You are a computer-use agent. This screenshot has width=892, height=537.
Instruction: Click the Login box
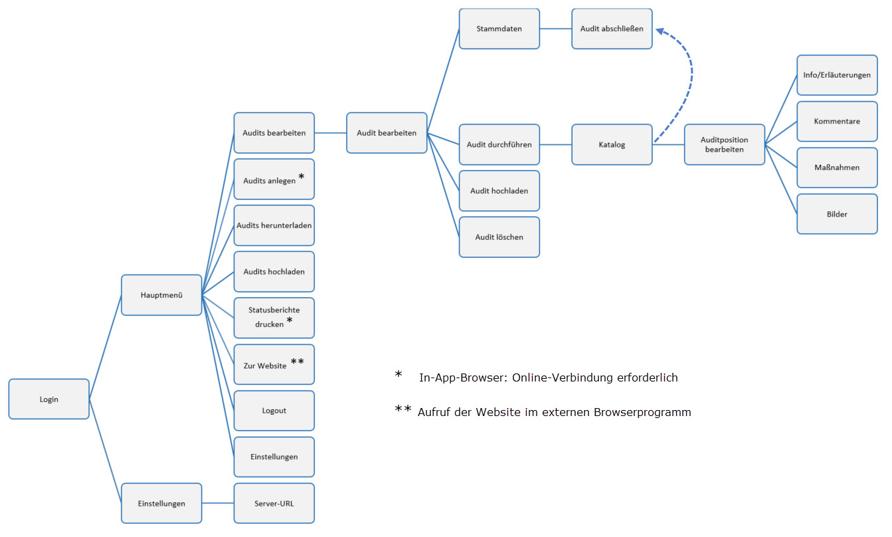(x=48, y=399)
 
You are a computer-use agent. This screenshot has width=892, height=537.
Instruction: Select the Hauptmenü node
(x=161, y=294)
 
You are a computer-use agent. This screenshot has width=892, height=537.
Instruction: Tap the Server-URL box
(x=274, y=503)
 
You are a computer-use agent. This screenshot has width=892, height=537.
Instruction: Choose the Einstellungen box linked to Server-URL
(x=161, y=503)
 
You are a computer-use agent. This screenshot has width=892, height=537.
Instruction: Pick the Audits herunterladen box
(x=274, y=225)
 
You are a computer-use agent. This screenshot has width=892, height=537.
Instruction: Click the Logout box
(x=274, y=410)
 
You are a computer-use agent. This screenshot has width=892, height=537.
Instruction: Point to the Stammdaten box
(x=499, y=29)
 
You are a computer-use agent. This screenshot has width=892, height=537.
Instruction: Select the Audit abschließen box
(x=612, y=29)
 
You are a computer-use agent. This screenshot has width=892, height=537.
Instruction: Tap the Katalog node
(x=612, y=144)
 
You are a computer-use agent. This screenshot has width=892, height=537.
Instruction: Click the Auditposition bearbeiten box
(x=724, y=144)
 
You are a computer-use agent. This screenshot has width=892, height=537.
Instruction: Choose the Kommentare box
(x=837, y=122)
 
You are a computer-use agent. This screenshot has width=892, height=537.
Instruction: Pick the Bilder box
(x=837, y=214)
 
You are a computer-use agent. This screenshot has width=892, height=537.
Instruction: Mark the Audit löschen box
(x=499, y=237)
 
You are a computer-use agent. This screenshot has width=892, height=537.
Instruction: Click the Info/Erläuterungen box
(x=837, y=75)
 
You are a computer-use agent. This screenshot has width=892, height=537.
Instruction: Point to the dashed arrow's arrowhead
(x=660, y=30)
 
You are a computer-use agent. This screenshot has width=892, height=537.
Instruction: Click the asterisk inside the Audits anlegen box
(x=302, y=177)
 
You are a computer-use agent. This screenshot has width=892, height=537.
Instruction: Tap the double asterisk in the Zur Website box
(x=298, y=362)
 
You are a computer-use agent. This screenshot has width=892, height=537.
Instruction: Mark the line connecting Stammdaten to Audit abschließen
(x=556, y=29)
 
